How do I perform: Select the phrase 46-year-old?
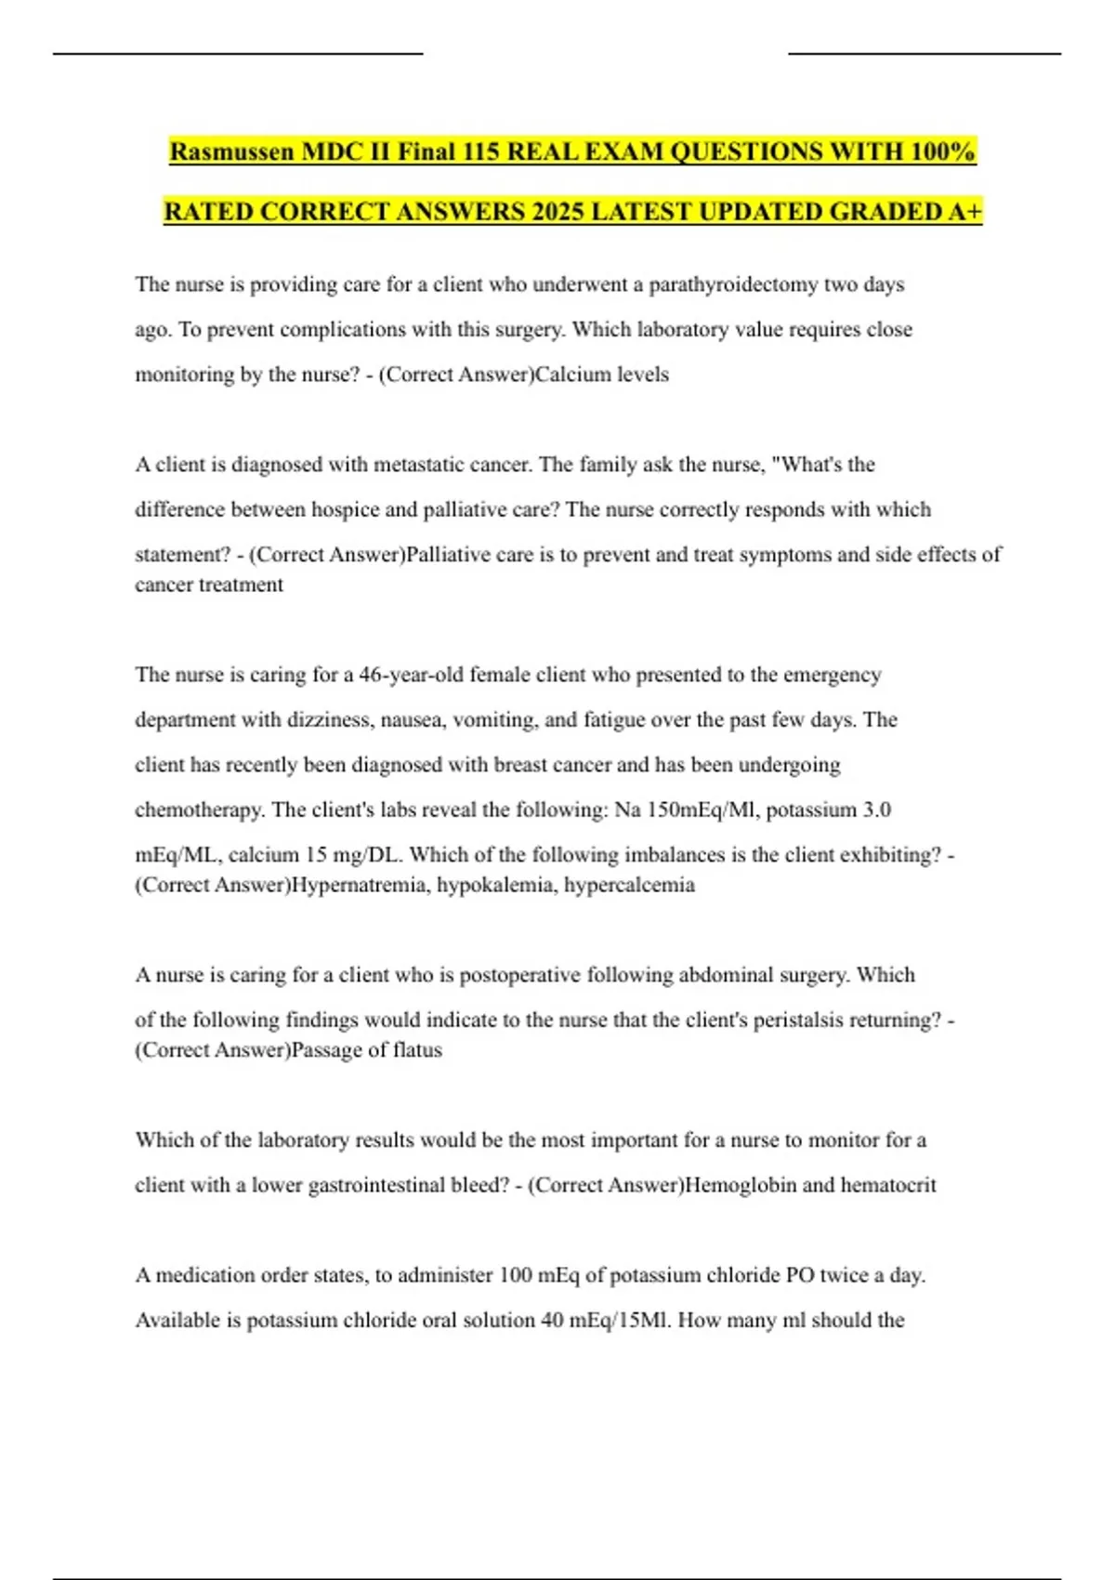(x=411, y=675)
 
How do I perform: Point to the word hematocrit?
(x=888, y=1186)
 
